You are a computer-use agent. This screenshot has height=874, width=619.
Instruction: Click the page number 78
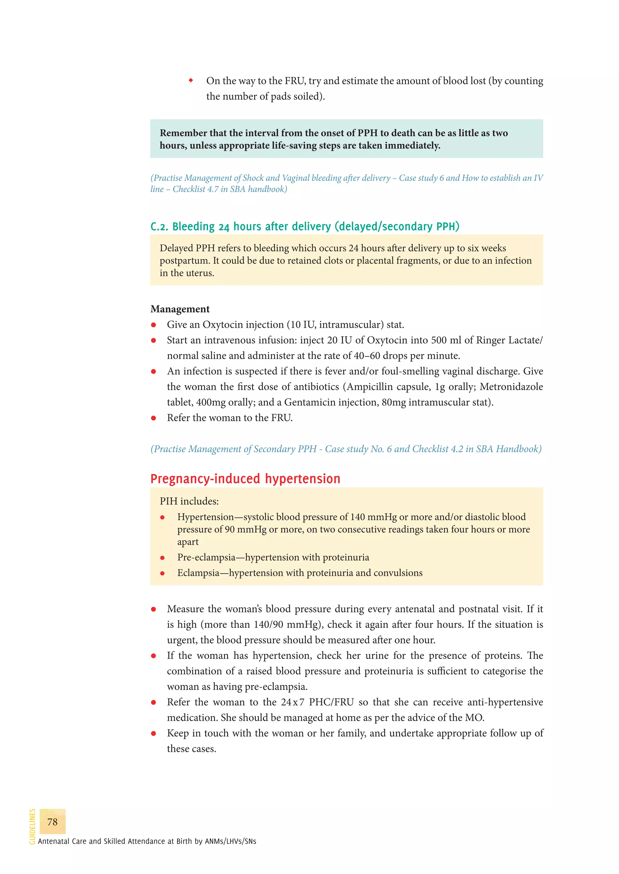click(x=52, y=821)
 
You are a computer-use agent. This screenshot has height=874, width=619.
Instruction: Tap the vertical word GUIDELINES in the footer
click(x=32, y=826)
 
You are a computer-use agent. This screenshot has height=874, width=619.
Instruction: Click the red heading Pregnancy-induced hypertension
click(x=245, y=479)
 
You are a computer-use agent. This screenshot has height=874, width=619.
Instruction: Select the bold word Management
click(x=180, y=309)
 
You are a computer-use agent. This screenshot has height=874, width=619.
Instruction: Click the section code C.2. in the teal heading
click(x=159, y=227)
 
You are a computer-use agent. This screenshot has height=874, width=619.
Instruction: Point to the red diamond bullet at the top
click(x=191, y=80)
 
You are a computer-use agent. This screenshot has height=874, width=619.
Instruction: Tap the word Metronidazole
click(x=511, y=387)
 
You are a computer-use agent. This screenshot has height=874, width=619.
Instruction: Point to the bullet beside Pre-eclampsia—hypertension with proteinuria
click(x=162, y=558)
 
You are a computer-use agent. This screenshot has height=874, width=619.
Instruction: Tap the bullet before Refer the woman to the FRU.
click(x=154, y=418)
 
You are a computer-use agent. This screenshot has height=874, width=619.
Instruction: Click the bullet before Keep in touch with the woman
click(x=154, y=734)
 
